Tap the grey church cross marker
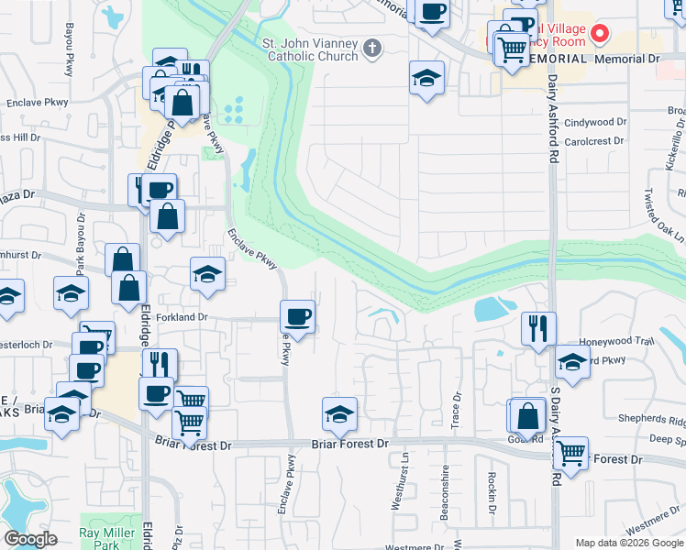click(371, 48)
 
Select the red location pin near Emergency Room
click(600, 35)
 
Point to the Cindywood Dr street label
click(595, 122)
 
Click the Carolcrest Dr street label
click(593, 141)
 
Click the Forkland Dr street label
click(183, 317)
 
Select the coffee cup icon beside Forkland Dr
click(296, 317)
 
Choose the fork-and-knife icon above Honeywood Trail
click(538, 327)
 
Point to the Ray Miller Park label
click(101, 539)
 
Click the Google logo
click(30, 539)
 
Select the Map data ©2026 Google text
click(627, 543)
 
